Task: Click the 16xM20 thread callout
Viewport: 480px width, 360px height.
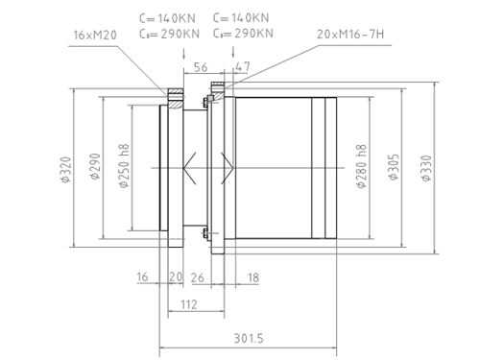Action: [x=95, y=35]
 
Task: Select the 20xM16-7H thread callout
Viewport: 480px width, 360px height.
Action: [x=350, y=34]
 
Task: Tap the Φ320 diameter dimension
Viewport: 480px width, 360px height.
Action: [x=65, y=169]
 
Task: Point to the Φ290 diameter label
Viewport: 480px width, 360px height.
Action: [x=95, y=166]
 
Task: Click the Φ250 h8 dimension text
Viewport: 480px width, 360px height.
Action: [x=124, y=165]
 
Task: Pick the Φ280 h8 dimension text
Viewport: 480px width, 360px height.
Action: [x=362, y=166]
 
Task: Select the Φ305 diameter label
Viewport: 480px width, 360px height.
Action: [x=394, y=167]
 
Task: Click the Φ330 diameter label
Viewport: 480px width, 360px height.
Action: [x=426, y=168]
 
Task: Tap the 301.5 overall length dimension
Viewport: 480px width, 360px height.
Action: [x=249, y=338]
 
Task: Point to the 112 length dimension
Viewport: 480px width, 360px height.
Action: [x=189, y=304]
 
